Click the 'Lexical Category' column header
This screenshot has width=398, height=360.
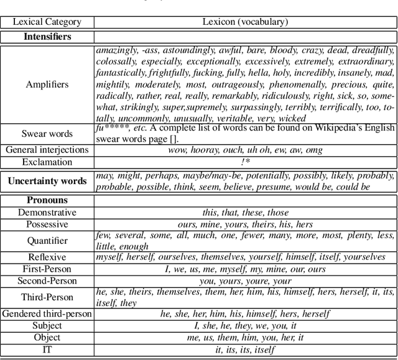[47, 22]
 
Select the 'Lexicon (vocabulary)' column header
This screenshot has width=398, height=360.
[245, 22]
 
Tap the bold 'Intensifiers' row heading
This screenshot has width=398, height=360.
[47, 36]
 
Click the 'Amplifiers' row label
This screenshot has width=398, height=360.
[47, 84]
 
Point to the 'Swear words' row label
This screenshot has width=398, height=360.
[47, 134]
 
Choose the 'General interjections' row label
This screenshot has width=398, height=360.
[47, 150]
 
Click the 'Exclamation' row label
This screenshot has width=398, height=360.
[47, 162]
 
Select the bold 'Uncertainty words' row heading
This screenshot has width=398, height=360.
[47, 182]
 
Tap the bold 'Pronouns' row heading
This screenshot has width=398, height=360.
[47, 200]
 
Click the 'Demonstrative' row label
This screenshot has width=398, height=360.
[47, 212]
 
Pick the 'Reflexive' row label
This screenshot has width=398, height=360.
[47, 257]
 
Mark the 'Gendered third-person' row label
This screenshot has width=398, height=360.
[47, 313]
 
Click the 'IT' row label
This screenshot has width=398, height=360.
[47, 350]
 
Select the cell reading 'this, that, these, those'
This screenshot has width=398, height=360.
[245, 212]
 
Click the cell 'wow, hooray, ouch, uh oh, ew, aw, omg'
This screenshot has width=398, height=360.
[245, 150]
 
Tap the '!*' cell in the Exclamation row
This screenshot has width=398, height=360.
[245, 162]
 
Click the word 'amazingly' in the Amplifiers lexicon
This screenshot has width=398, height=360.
[117, 50]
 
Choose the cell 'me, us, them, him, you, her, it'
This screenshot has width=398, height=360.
[245, 338]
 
